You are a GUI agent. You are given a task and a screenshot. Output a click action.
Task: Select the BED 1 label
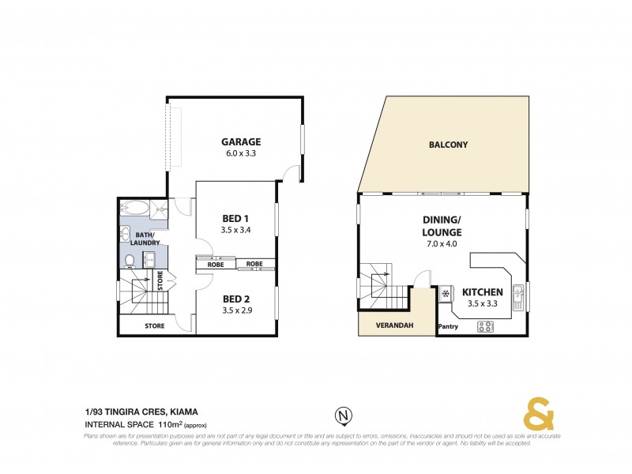coord(235,218)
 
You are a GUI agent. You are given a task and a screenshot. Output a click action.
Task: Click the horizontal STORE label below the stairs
coord(154,325)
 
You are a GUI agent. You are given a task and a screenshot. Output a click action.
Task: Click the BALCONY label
coord(448,145)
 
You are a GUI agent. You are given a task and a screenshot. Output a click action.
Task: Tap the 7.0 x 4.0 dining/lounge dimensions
coord(442,244)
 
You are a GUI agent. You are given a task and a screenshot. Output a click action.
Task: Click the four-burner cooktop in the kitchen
coord(485,326)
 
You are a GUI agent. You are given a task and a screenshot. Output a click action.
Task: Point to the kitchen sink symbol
coord(518,297)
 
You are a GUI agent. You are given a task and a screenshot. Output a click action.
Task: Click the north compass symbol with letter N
coord(343,415)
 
